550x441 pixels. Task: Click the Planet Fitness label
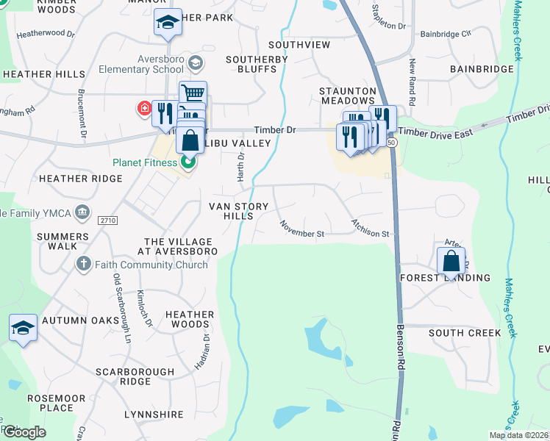pos(145,163)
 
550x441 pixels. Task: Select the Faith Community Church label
pos(151,265)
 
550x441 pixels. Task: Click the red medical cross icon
pos(144,109)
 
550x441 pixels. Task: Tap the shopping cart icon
pos(193,93)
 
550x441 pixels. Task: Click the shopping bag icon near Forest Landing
pos(451,260)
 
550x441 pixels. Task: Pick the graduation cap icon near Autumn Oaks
pos(23,328)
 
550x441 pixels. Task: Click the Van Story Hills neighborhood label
pos(231,211)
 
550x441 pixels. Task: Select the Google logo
pos(24,432)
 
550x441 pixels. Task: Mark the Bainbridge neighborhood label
pos(481,69)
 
